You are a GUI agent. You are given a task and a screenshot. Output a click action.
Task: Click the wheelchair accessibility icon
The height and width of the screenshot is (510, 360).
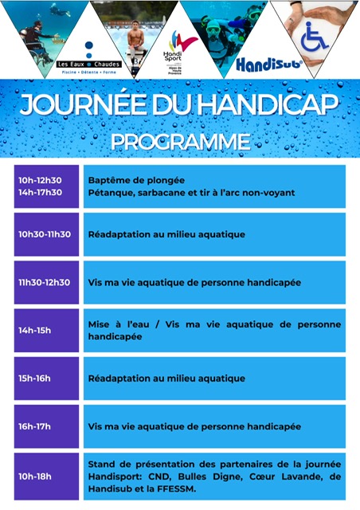click(x=316, y=37)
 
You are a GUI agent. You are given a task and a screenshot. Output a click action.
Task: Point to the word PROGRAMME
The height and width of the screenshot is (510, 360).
click(x=179, y=141)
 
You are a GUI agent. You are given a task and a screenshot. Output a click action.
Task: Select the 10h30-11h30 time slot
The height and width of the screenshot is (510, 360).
click(x=45, y=234)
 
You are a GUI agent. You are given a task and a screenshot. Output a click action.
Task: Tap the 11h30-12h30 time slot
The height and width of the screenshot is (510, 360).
click(x=45, y=282)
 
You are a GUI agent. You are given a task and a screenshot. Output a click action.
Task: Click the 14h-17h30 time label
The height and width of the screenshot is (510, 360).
click(x=40, y=192)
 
